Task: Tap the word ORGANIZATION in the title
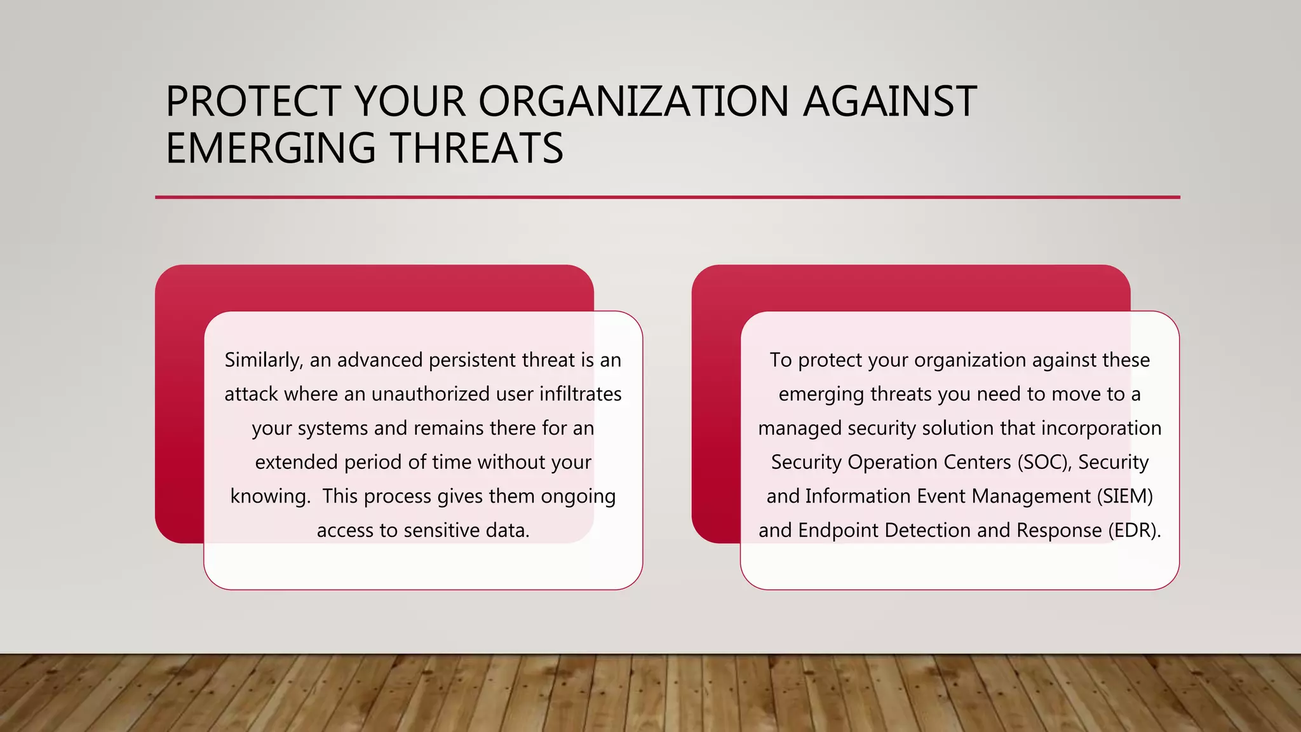[633, 102]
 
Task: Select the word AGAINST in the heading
[889, 102]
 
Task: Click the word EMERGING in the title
[271, 148]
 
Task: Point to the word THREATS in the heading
[476, 148]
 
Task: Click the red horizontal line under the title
[667, 198]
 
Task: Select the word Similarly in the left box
[263, 360]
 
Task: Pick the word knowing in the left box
[270, 496]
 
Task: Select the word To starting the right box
[781, 360]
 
